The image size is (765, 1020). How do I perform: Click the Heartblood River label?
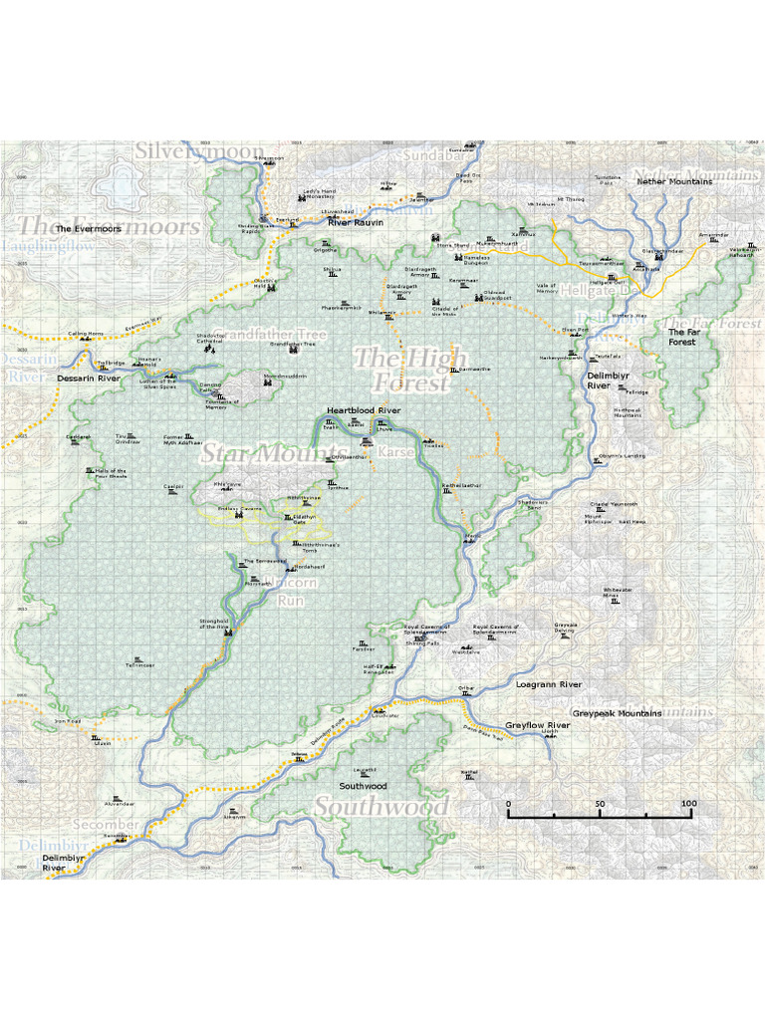[364, 410]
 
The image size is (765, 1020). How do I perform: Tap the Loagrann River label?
[548, 685]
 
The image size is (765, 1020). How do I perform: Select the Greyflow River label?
[537, 725]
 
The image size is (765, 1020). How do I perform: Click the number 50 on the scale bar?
[600, 803]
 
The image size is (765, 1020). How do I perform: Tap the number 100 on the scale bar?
[688, 803]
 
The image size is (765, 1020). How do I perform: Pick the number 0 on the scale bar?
[509, 803]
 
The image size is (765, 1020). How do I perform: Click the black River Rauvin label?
[356, 222]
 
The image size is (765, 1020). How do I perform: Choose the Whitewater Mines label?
[618, 593]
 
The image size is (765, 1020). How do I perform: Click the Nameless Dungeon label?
[477, 260]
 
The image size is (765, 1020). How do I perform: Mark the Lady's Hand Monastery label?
[320, 193]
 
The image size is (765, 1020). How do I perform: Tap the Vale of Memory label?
[547, 288]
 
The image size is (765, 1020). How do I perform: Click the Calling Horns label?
[86, 334]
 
